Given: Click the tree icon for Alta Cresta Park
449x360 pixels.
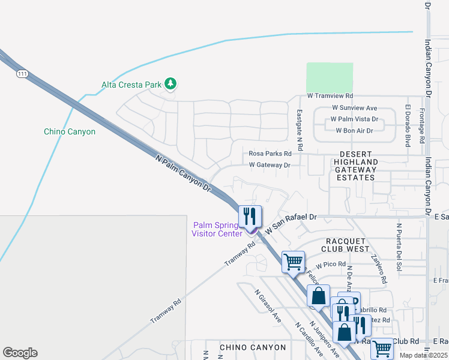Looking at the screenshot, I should pos(170,84).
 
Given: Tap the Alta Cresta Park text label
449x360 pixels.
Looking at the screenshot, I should pos(131,85).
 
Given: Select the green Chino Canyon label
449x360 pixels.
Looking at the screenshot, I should pos(70,131).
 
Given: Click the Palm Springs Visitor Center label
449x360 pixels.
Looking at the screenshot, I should pos(217,229).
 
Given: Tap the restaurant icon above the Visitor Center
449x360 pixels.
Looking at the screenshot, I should pos(250,217).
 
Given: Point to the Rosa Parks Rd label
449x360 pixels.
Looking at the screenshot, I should pos(270,154).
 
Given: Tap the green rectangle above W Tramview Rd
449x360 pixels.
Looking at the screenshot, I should pos(330,77).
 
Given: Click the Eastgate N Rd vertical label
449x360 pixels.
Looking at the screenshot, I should pos(300,129).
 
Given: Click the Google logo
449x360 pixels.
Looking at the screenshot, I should pos(20,353).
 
